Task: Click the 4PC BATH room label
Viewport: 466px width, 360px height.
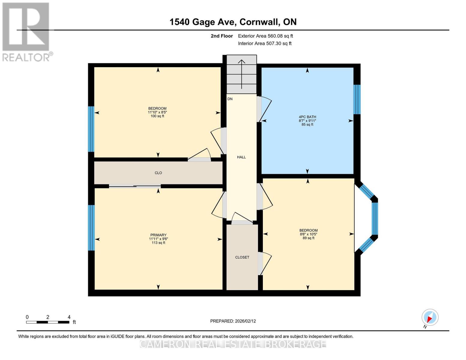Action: (307, 117)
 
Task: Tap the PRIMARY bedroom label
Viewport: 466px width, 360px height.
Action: (158, 235)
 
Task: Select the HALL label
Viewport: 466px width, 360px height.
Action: (241, 157)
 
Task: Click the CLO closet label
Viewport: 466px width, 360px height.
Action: (158, 173)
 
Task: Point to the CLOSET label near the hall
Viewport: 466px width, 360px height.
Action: (242, 257)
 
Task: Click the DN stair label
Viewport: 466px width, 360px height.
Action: (230, 99)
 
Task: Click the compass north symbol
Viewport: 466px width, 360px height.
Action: (430, 317)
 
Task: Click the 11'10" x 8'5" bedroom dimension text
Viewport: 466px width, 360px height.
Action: (157, 112)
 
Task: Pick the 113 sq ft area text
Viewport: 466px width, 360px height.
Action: (158, 243)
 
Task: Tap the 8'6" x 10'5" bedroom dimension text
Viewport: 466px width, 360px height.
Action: (308, 234)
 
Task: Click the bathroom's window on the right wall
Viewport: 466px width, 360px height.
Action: (357, 100)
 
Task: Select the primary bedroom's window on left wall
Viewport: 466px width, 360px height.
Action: (91, 228)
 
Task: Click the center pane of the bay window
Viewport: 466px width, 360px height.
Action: (375, 218)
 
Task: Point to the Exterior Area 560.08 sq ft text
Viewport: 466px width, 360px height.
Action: (265, 36)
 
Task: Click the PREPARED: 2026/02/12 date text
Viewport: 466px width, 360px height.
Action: (233, 321)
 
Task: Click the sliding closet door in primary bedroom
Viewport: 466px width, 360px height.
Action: (135, 186)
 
